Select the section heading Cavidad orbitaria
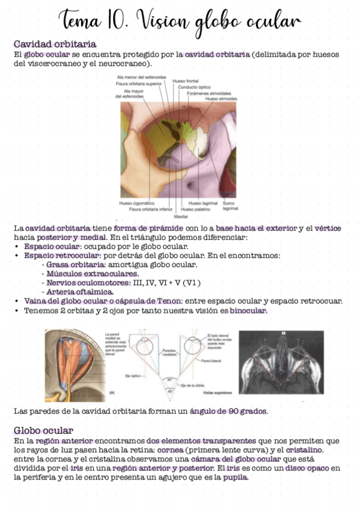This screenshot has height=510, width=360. [55, 45]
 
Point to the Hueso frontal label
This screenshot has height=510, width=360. [185, 81]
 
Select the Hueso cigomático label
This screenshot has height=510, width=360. [138, 203]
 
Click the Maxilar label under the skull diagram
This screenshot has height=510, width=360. [181, 215]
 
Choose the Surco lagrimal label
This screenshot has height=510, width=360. [230, 206]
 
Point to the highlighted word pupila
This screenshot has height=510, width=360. [235, 478]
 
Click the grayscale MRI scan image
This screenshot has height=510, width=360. [281, 364]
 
